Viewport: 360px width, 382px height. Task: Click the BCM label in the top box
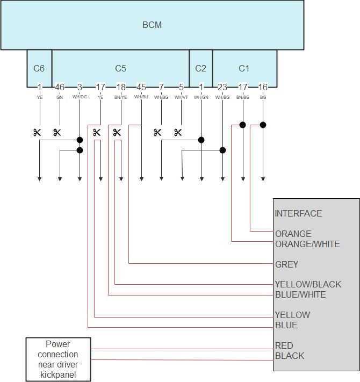point(152,25)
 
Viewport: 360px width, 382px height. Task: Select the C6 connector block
point(39,68)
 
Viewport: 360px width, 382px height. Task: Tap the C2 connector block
point(200,68)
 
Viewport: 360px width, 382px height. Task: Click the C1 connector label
point(244,68)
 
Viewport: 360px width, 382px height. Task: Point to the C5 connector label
point(120,68)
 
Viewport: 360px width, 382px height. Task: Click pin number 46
point(59,87)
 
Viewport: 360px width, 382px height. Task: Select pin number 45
point(141,87)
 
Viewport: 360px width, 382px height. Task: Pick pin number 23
point(222,87)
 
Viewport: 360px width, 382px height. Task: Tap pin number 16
point(263,87)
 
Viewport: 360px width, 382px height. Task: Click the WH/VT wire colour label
point(181,97)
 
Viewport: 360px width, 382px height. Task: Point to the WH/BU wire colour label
point(141,97)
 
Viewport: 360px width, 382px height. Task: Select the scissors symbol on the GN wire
point(57,132)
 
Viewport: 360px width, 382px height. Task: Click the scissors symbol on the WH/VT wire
point(178,132)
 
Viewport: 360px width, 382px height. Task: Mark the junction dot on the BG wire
point(263,125)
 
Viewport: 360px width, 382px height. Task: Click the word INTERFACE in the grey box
point(298,213)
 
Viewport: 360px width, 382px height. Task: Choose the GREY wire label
point(286,264)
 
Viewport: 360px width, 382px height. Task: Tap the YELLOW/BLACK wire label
point(308,284)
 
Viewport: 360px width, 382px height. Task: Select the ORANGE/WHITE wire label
point(307,244)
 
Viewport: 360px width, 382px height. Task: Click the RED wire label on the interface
point(284,345)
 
